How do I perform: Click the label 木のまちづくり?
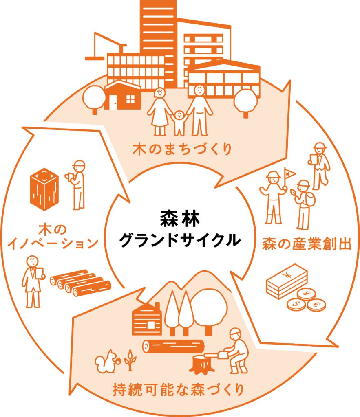click(182, 149)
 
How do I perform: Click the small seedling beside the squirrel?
click(130, 359)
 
